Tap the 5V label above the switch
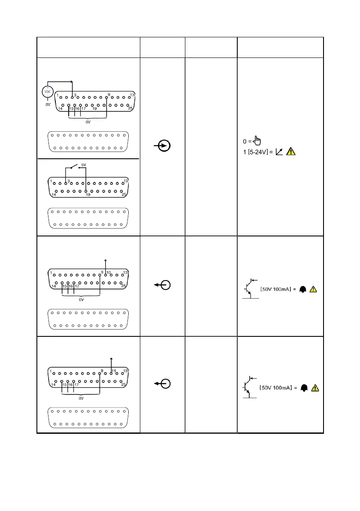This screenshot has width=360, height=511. pos(84,164)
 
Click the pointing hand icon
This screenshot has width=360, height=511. pos(257,140)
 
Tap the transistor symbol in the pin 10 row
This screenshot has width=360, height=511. pos(249,289)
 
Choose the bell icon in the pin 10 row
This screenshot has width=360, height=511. pos(303,290)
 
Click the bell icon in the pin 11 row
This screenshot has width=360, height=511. pos(304,388)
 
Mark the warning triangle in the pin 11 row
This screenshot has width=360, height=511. pos(315,388)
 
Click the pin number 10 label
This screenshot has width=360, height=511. pos(109,272)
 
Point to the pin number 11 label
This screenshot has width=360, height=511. pos(114,370)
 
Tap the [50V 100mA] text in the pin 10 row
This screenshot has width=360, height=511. pos(278,290)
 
